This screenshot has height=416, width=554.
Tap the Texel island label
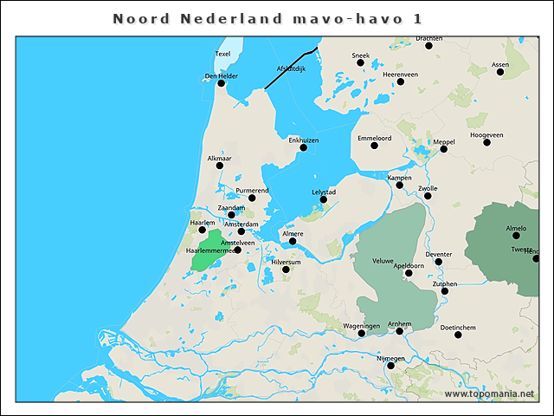pyautogui.click(x=222, y=54)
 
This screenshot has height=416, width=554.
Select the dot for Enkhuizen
pyautogui.click(x=303, y=147)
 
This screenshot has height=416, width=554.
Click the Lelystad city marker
pyautogui.click(x=323, y=199)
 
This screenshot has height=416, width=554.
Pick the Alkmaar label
pyautogui.click(x=220, y=158)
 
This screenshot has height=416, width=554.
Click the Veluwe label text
pyautogui.click(x=383, y=261)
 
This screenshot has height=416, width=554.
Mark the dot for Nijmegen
pyautogui.click(x=390, y=366)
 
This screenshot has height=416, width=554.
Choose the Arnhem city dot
pyautogui.click(x=399, y=331)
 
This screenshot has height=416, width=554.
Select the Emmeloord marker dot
pyautogui.click(x=374, y=145)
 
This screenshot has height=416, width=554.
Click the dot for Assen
pyautogui.click(x=500, y=72)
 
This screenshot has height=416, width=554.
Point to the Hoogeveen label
pyautogui.click(x=486, y=135)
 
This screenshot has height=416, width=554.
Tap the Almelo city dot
pyautogui.click(x=516, y=235)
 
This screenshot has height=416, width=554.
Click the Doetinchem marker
pyautogui.click(x=458, y=335)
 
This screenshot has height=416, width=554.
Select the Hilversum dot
pyautogui.click(x=286, y=270)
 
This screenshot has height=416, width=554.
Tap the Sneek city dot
pyautogui.click(x=360, y=62)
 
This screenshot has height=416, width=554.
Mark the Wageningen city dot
pyautogui.click(x=361, y=333)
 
